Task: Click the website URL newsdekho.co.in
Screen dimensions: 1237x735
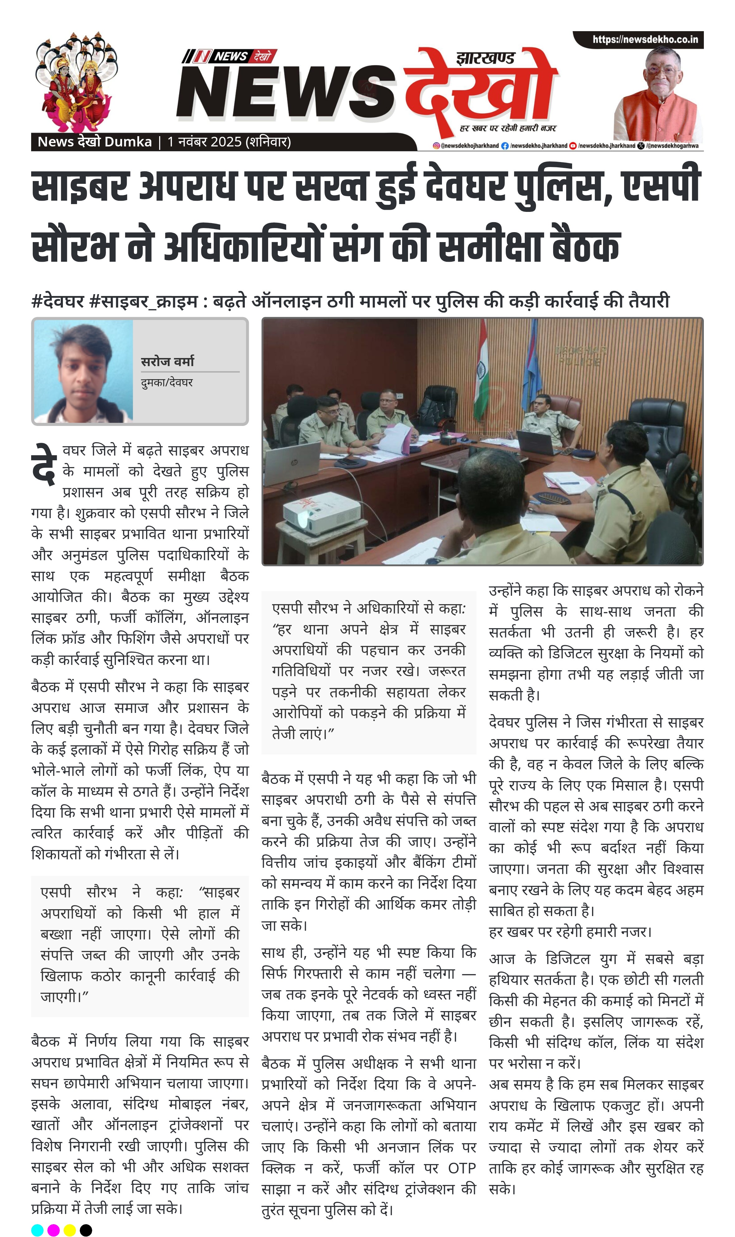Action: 645,40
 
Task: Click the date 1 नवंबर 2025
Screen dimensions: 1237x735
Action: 204,142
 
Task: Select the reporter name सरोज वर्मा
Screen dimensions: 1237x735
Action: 168,362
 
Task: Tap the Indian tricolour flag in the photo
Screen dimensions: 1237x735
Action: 481,376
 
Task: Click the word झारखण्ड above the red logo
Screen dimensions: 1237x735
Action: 485,59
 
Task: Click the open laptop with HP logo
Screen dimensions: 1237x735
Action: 292,463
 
